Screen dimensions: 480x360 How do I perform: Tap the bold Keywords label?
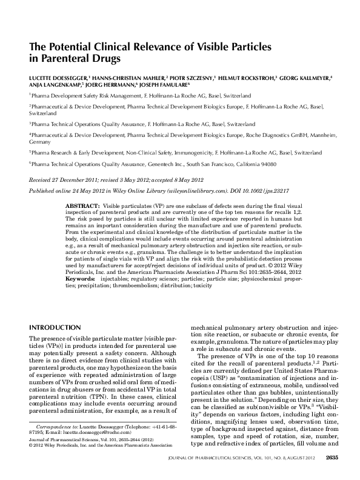coord(81,279)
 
